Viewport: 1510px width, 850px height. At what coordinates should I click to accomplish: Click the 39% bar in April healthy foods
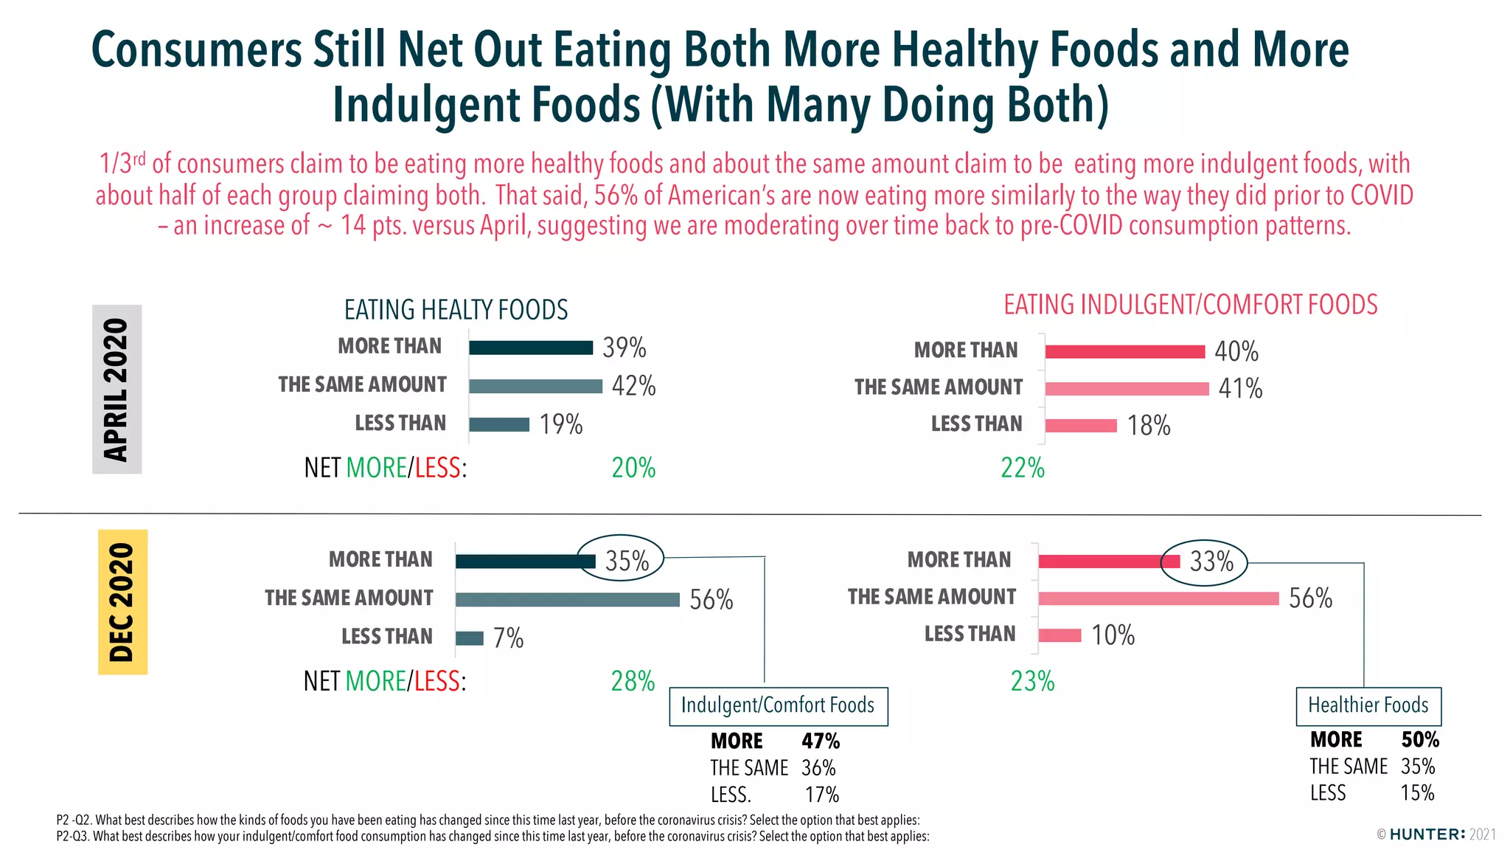pos(531,348)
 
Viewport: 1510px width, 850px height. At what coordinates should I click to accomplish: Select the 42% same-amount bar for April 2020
pos(535,386)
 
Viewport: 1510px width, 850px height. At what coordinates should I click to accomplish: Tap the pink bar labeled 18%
pos(1081,426)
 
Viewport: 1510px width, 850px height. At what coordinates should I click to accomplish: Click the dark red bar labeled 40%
pos(1124,352)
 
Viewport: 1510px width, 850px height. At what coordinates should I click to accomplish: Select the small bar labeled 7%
pos(470,638)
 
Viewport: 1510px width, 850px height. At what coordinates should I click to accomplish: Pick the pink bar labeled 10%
pos(1060,635)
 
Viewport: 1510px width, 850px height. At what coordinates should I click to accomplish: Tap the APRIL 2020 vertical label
pos(116,389)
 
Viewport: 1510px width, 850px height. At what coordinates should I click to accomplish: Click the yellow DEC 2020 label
pos(122,602)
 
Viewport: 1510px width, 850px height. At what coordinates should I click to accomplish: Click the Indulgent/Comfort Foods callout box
pos(778,706)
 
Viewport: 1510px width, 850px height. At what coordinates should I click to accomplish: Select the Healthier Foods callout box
pos(1368,706)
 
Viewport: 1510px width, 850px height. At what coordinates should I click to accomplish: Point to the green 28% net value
pos(633,681)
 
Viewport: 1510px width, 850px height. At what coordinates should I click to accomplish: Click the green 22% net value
pos(1022,468)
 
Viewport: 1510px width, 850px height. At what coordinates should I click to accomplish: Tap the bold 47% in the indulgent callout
pos(821,741)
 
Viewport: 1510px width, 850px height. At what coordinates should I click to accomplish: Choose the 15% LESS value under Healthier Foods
pos(1417,793)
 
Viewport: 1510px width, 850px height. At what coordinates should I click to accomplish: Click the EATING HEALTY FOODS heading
pos(456,310)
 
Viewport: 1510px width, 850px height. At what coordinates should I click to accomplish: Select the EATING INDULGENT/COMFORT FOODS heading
pos(1190,305)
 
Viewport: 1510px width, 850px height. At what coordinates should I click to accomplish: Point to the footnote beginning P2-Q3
pos(492,837)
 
